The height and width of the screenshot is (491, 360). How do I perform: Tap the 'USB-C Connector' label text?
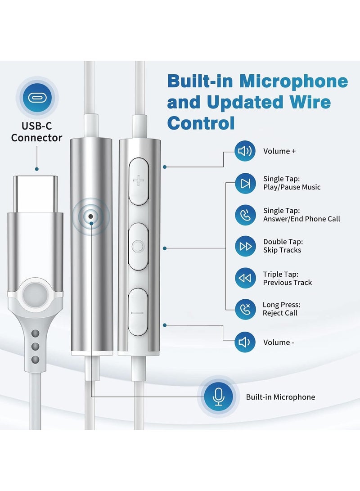pyautogui.click(x=37, y=131)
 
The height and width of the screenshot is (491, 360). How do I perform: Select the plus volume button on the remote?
pyautogui.click(x=138, y=181)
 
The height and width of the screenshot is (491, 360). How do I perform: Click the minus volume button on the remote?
pyautogui.click(x=138, y=312)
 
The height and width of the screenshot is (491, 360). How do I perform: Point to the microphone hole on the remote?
pyautogui.click(x=91, y=216)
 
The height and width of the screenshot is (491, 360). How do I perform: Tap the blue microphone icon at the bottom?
pyautogui.click(x=219, y=396)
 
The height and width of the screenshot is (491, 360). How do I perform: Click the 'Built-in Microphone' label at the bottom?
pyautogui.click(x=280, y=397)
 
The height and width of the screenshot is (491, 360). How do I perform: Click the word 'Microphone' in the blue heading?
pyautogui.click(x=293, y=81)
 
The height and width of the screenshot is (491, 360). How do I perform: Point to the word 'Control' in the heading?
pyautogui.click(x=201, y=122)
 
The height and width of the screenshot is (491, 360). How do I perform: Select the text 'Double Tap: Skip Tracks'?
pyautogui.click(x=282, y=246)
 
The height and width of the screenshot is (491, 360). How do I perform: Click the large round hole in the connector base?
pyautogui.click(x=35, y=295)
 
